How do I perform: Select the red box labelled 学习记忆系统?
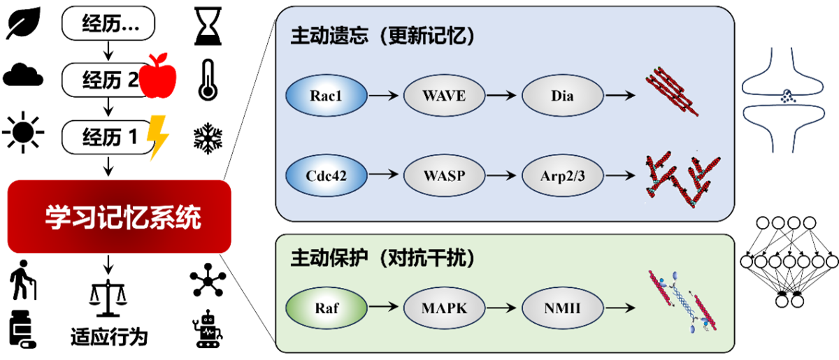120,217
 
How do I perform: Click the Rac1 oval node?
327,95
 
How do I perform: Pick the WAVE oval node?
444,95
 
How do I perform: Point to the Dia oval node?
562,95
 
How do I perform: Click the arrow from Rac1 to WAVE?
385,95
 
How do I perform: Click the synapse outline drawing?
787,98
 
